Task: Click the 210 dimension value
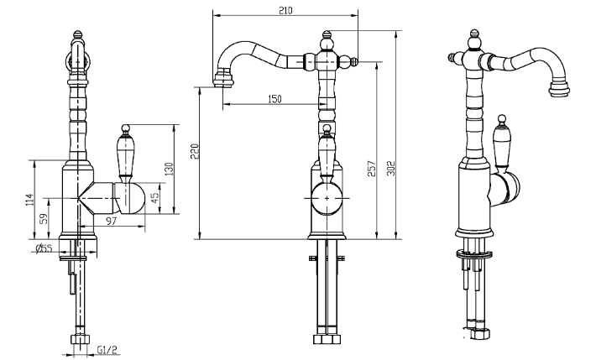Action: point(285,10)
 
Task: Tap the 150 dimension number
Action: point(274,99)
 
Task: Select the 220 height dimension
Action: point(195,151)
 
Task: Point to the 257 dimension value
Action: point(371,169)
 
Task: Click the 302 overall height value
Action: point(391,169)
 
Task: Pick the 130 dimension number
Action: point(169,169)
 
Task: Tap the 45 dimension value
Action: point(155,198)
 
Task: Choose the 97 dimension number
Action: point(111,221)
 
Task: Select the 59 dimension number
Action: point(44,218)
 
